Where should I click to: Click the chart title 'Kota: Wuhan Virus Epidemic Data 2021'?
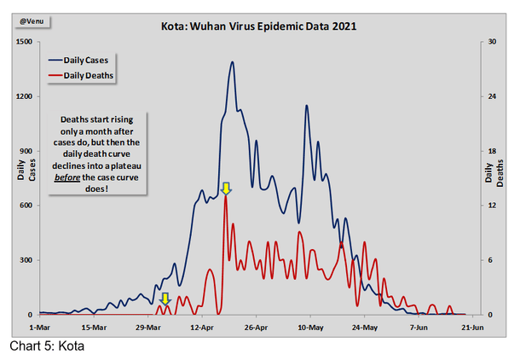point(258,26)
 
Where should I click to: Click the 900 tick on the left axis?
point(26,151)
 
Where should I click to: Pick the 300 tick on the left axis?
point(26,260)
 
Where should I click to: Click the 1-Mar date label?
point(40,326)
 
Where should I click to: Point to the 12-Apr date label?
point(202,326)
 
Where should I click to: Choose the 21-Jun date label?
point(472,326)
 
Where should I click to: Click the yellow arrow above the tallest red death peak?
point(225,189)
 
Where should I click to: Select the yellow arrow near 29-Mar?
point(165,299)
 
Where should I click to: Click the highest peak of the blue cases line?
point(232,61)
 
